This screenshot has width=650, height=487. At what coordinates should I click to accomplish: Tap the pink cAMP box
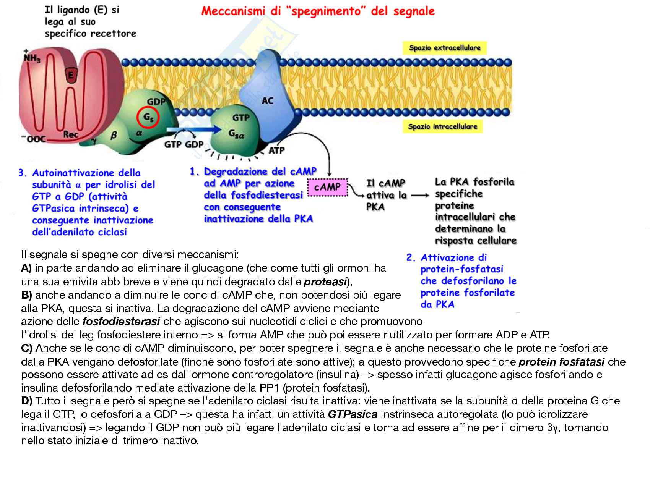[x=327, y=187]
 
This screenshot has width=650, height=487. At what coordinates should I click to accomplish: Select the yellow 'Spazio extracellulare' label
[x=444, y=48]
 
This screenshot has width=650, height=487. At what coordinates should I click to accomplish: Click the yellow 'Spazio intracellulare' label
[x=442, y=126]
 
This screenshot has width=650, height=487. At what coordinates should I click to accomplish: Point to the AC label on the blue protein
[x=267, y=101]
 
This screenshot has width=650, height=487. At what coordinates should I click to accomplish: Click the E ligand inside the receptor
[x=70, y=76]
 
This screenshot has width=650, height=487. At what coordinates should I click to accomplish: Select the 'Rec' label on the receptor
[x=71, y=134]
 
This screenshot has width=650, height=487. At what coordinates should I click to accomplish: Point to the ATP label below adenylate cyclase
[x=276, y=150]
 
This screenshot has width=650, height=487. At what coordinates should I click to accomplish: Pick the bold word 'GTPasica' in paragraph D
[x=353, y=414]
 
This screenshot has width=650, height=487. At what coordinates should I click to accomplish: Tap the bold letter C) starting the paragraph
[x=27, y=348]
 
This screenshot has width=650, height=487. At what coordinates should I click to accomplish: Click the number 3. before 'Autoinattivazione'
[x=23, y=173]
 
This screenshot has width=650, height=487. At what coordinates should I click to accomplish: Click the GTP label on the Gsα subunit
[x=240, y=118]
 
